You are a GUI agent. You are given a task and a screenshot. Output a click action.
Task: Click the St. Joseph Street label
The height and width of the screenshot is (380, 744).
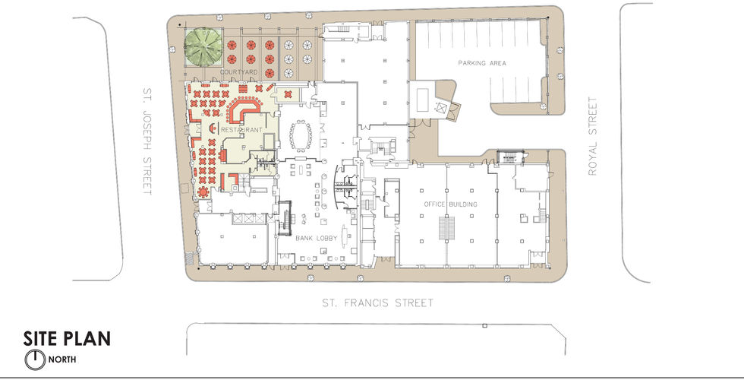click(x=147, y=141)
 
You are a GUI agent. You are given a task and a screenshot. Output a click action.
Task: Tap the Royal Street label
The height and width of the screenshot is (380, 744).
click(x=592, y=136)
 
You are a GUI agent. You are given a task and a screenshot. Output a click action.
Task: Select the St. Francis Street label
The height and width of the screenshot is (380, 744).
click(x=378, y=302)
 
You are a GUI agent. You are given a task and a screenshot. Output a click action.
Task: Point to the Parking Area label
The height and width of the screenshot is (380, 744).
click(x=481, y=62)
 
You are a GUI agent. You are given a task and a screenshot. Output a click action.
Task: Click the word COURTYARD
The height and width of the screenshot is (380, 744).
click(x=238, y=72)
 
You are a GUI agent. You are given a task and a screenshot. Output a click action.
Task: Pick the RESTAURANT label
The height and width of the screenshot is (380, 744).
click(x=241, y=130)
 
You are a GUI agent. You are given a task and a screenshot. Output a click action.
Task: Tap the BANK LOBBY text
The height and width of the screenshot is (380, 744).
click(x=317, y=238)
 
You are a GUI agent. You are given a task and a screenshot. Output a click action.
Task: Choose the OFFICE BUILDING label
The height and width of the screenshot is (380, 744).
click(x=450, y=204)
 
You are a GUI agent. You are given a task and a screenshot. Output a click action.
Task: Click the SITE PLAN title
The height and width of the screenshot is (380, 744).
click(x=67, y=338)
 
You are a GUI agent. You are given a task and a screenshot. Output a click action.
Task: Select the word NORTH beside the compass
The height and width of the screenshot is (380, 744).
click(x=62, y=359)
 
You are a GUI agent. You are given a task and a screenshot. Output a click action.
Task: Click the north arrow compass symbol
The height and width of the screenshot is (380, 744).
click(x=35, y=359)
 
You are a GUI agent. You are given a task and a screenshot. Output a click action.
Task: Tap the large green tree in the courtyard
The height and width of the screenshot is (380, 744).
click(x=203, y=46)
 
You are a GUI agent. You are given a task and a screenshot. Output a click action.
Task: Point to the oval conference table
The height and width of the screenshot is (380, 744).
click(x=301, y=136)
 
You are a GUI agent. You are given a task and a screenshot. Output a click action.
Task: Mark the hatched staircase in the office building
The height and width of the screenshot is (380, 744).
click(x=446, y=229)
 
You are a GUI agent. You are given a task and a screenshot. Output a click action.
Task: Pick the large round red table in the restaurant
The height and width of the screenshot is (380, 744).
click(x=203, y=192)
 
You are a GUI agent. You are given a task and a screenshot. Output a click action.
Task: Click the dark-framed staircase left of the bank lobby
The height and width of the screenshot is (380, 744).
click(x=284, y=219)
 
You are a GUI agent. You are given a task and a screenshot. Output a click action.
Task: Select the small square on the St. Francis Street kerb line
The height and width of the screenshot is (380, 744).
click(x=484, y=325)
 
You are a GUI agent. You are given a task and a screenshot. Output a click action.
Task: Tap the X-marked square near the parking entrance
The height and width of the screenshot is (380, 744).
click(x=441, y=108)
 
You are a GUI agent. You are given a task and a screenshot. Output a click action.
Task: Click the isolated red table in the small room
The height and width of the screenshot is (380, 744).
click(x=288, y=94)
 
